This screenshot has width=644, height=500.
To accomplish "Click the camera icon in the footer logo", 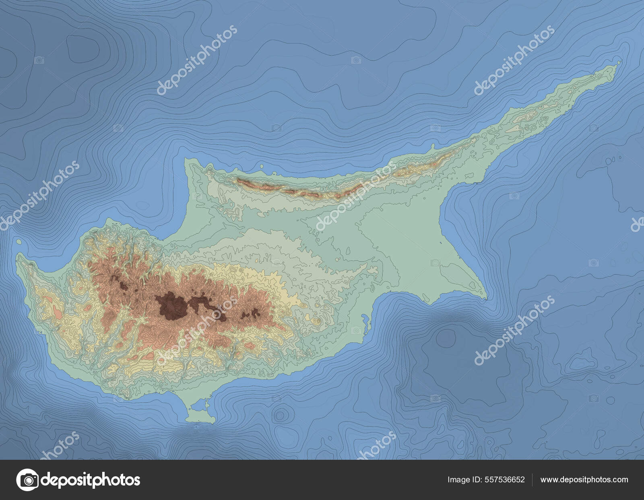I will (27, 479).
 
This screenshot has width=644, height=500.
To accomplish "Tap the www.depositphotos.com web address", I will (584, 479).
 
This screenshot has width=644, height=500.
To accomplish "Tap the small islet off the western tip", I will (19, 241).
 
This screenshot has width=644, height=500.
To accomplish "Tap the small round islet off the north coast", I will (262, 165).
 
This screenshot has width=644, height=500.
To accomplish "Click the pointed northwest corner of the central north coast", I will (186, 159).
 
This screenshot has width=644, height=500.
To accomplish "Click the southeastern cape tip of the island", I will (486, 298).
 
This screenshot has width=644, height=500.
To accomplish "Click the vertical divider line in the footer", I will (533, 479).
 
